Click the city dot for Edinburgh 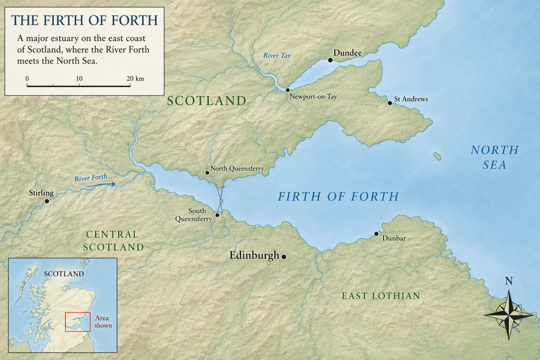pyautogui.click(x=284, y=257)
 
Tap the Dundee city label pyautogui.click(x=348, y=53)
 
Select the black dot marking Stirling pyautogui.click(x=47, y=201)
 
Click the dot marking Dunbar pyautogui.click(x=377, y=233)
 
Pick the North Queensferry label pyautogui.click(x=237, y=169)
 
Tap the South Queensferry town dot pyautogui.click(x=217, y=215)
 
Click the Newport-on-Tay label pyautogui.click(x=313, y=97)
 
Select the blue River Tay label pyautogui.click(x=277, y=55)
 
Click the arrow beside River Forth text pyautogui.click(x=109, y=184)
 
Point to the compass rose pyautogui.click(x=508, y=314)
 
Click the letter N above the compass pyautogui.click(x=509, y=281)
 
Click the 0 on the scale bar pyautogui.click(x=27, y=79)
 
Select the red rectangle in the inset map pyautogui.click(x=77, y=322)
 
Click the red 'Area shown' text pyautogui.click(x=103, y=322)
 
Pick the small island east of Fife pyautogui.click(x=437, y=157)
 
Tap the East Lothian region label pyautogui.click(x=381, y=296)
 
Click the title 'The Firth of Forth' pyautogui.click(x=84, y=21)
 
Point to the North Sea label pyautogui.click(x=494, y=158)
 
